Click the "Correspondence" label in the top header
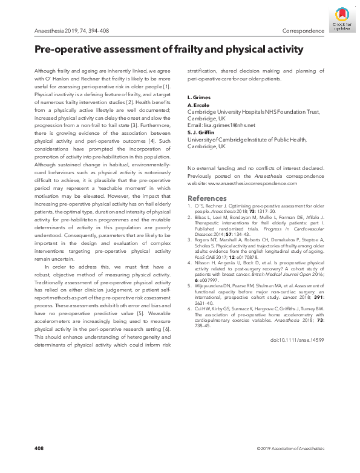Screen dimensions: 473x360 coord(303,31)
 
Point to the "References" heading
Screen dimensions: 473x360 coord(207,198)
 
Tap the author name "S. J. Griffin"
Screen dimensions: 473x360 coord(201,132)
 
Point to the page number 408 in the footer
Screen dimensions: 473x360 coord(39,448)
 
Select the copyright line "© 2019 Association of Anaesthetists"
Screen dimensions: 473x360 coord(290,448)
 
